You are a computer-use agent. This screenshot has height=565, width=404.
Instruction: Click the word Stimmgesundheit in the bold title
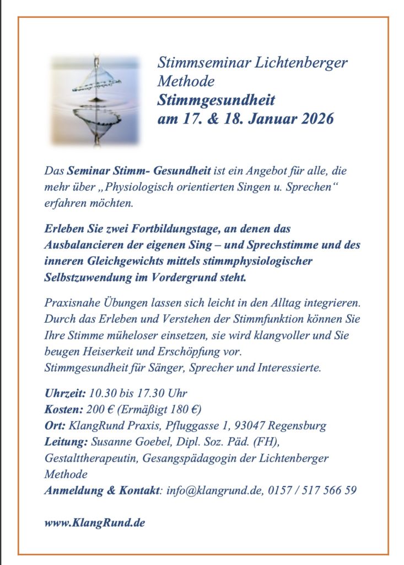tap(216, 100)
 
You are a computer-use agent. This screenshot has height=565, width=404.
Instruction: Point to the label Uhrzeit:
tap(64, 393)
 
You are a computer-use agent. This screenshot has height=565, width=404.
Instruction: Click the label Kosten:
tap(63, 409)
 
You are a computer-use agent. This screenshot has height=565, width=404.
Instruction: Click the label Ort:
tap(54, 425)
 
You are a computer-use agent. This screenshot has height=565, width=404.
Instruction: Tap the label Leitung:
tap(65, 441)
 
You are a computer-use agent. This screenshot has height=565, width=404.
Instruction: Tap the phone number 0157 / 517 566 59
tap(312, 490)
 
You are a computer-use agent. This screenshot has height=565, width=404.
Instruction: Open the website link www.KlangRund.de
tap(94, 523)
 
